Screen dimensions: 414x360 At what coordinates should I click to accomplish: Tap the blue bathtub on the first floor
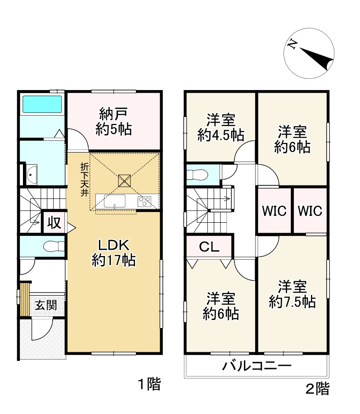[42, 104]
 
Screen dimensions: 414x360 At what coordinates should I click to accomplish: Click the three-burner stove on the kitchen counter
[145, 201]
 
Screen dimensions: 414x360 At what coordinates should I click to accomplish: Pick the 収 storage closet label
[54, 223]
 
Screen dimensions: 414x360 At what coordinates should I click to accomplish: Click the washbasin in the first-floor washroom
[32, 174]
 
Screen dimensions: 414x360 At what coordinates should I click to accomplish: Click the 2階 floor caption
[318, 388]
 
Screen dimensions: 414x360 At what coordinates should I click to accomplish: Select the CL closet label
[209, 247]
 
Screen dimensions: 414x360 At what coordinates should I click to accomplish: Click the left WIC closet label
[274, 211]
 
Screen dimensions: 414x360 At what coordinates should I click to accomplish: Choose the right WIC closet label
[310, 211]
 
